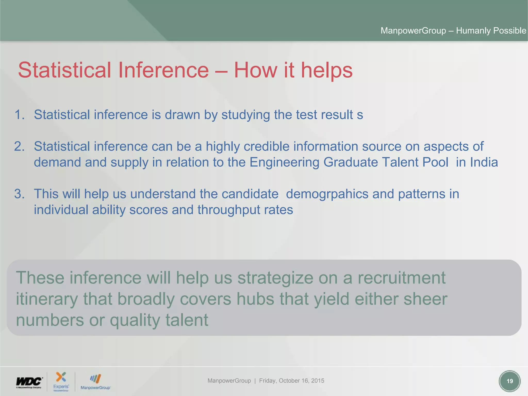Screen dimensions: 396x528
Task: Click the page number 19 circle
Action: point(509,381)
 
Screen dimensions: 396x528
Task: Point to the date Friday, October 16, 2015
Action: point(292,381)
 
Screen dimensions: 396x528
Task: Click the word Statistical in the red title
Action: point(64,70)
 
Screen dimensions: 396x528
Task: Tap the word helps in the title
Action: point(327,70)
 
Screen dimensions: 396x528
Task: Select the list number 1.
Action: point(19,115)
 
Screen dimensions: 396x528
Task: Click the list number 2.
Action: point(19,146)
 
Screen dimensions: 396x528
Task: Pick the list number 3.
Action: point(19,194)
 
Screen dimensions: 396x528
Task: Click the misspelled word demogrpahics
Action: point(327,194)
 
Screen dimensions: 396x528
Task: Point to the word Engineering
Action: point(284,162)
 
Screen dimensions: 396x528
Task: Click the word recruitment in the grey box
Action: point(401,278)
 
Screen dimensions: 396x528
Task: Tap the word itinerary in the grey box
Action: point(47,299)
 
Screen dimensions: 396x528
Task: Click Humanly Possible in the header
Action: point(491,31)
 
